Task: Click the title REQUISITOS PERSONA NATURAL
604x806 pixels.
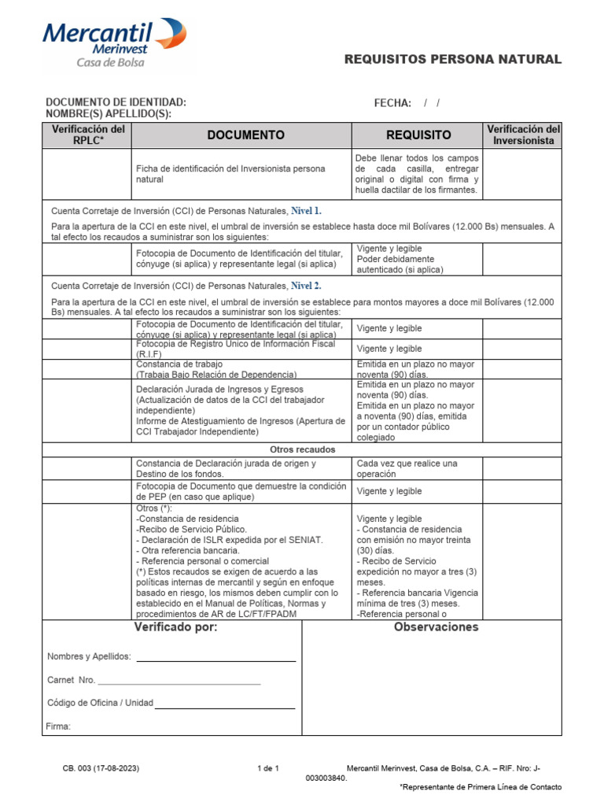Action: tap(453, 59)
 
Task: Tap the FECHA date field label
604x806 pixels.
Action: tap(392, 103)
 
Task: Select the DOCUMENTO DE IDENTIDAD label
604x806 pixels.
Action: tap(116, 102)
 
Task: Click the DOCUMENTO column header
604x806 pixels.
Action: tap(245, 135)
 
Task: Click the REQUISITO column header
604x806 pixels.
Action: tap(418, 135)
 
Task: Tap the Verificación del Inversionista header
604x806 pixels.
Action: tap(523, 135)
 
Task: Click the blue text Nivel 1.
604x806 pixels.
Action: tap(306, 211)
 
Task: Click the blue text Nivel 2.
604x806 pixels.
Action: tap(306, 286)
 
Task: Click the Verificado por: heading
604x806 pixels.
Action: tap(175, 627)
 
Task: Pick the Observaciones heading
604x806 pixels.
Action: tap(436, 627)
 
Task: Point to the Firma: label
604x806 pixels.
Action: tap(59, 727)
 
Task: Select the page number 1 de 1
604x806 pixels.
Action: tap(268, 767)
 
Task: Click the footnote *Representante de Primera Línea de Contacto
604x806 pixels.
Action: tap(481, 786)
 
